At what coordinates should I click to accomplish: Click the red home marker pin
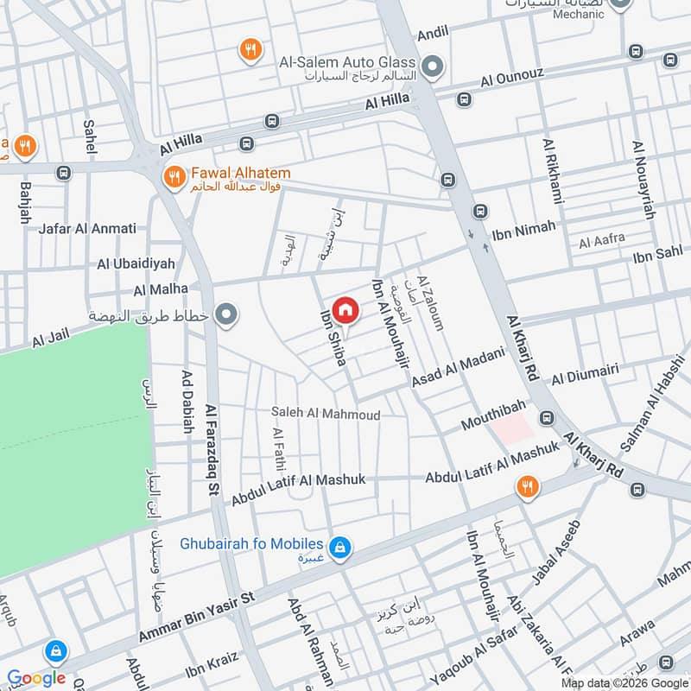pyautogui.click(x=345, y=309)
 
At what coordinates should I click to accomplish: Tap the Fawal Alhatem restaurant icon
pyautogui.click(x=175, y=177)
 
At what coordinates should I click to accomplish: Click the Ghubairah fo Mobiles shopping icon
pyautogui.click(x=341, y=546)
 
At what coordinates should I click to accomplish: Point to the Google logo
pyautogui.click(x=36, y=678)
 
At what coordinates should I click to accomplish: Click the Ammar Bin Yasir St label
pyautogui.click(x=198, y=619)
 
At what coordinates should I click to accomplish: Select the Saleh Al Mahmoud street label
pyautogui.click(x=325, y=415)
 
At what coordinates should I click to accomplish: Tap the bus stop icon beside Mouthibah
pyautogui.click(x=546, y=418)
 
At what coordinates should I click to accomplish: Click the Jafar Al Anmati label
pyautogui.click(x=87, y=229)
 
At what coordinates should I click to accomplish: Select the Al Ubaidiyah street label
pyautogui.click(x=136, y=263)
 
